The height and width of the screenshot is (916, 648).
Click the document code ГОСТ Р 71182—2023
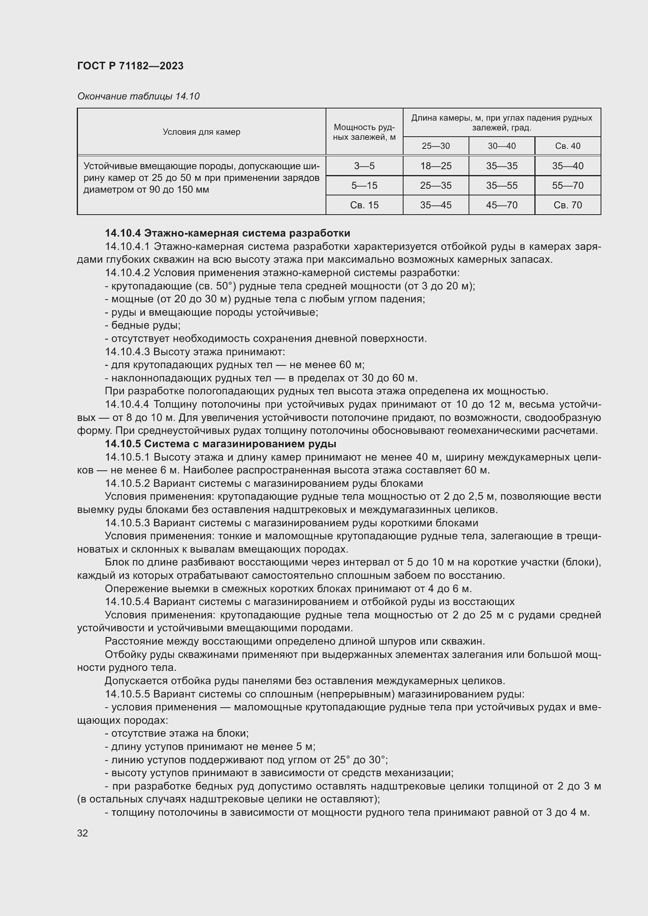click(130, 66)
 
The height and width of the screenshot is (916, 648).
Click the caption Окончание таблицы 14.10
click(138, 96)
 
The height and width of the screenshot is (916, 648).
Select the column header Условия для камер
click(201, 132)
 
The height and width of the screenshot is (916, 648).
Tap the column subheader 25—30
click(435, 146)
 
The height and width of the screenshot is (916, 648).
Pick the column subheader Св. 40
click(567, 146)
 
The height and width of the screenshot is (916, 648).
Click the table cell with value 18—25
click(435, 166)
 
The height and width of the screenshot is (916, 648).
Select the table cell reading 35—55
click(501, 186)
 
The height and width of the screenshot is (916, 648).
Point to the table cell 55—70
click(567, 186)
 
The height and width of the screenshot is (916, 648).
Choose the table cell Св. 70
click(567, 205)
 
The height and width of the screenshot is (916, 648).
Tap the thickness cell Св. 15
click(364, 205)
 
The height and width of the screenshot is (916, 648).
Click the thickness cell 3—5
click(364, 166)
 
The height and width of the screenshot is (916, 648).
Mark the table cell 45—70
click(501, 205)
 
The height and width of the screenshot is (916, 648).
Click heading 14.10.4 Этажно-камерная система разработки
click(228, 233)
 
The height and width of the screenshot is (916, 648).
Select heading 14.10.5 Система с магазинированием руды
click(220, 444)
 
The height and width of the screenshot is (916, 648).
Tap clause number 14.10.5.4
click(127, 602)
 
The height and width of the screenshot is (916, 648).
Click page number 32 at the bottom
click(83, 833)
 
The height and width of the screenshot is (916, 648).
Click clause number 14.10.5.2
click(127, 484)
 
